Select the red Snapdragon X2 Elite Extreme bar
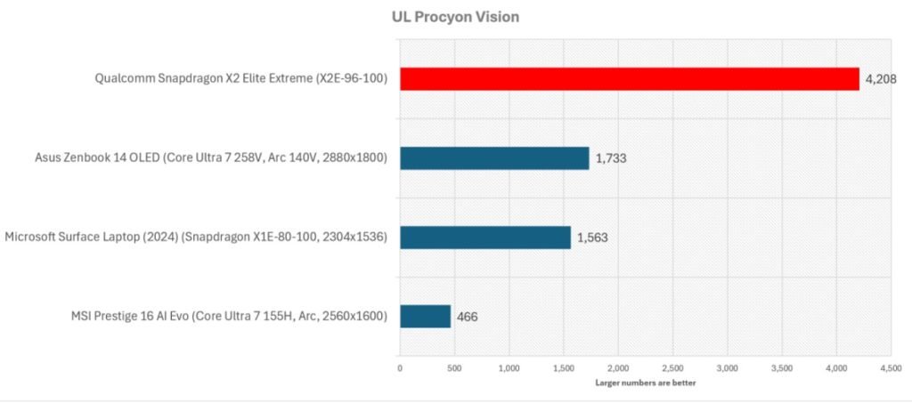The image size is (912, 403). pos(629,79)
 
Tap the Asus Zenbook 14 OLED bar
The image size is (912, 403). pos(494,158)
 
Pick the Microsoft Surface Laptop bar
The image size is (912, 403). pos(484,238)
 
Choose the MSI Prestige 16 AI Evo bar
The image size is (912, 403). pos(425,317)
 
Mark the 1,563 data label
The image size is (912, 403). pos(593,238)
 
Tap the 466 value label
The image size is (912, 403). pos(467,317)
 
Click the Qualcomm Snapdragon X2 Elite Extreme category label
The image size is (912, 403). pos(241,79)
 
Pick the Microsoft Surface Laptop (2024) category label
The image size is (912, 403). pos(196,238)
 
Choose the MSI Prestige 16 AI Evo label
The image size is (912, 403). pos(229,317)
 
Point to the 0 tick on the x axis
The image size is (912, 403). pos(400,367)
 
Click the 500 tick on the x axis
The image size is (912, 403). pos(454,367)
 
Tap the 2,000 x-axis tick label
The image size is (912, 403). pos(618,367)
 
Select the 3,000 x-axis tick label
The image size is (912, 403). pos(728,367)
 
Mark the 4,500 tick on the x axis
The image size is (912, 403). pos(891,367)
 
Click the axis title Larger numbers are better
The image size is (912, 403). pos(645,383)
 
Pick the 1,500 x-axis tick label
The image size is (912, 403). pos(564,367)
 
